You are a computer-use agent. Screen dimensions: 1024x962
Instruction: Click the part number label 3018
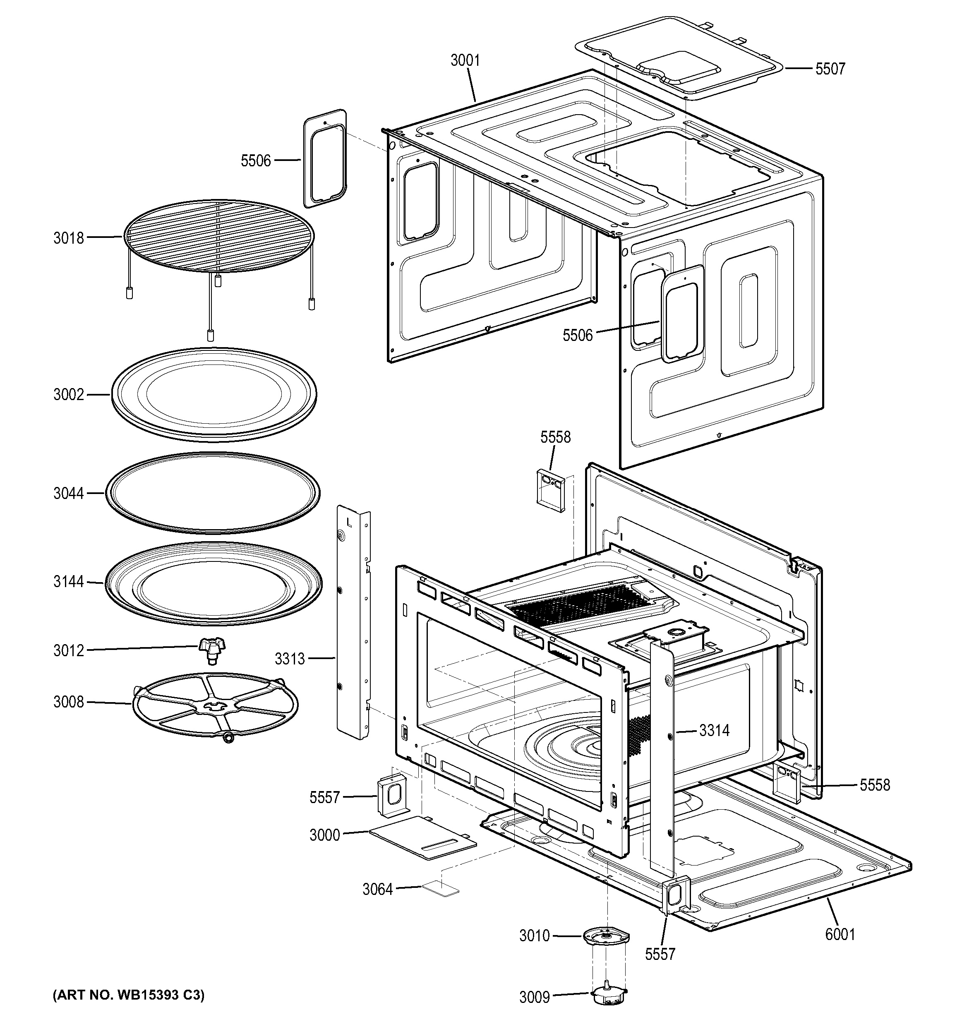69,238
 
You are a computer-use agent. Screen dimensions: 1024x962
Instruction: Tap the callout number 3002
69,395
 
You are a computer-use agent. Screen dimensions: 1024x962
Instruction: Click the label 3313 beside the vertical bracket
289,658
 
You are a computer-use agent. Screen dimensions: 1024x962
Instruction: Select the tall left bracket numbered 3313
353,623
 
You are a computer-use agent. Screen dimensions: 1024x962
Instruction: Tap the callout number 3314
714,730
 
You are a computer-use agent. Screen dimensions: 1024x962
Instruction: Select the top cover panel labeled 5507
680,57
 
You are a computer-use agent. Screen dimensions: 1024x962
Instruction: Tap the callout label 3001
465,61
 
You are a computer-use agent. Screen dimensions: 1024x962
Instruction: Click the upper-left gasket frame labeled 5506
325,158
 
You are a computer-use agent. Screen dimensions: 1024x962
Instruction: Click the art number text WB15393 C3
129,995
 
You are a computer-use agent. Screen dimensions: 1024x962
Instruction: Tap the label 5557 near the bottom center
660,954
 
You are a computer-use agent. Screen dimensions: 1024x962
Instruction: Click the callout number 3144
69,582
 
